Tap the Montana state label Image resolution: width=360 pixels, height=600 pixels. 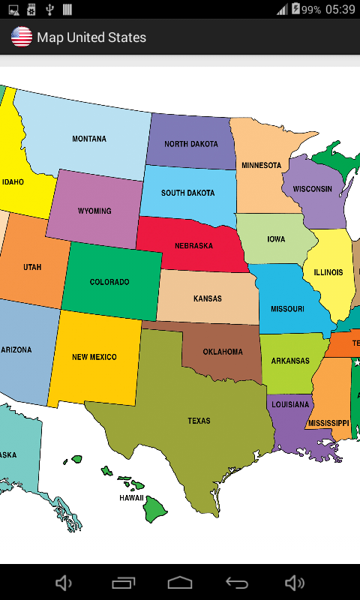[x=88, y=139]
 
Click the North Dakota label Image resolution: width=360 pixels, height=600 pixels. [x=190, y=144]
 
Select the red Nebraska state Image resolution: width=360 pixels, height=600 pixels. [x=193, y=246]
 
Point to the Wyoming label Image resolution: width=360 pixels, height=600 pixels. [x=94, y=211]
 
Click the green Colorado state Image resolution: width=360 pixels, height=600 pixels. [x=109, y=282]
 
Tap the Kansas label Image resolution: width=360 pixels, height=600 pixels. [x=208, y=298]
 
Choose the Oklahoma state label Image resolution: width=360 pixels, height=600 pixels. [x=223, y=352]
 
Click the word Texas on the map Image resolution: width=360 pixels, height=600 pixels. [x=199, y=421]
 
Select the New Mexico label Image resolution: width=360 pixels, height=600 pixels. [x=94, y=357]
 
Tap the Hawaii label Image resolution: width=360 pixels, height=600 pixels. [x=131, y=497]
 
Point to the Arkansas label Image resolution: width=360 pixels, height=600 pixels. [x=290, y=361]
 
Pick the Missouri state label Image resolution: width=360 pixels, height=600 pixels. [x=287, y=309]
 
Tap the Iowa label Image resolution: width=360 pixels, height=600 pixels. [x=276, y=239]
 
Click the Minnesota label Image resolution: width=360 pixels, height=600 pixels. [x=261, y=165]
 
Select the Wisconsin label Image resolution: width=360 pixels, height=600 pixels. [x=312, y=189]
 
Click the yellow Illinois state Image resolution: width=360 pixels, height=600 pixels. [x=328, y=272]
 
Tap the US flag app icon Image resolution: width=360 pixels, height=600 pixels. [x=21, y=37]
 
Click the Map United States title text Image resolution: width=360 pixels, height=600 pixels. [x=91, y=37]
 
